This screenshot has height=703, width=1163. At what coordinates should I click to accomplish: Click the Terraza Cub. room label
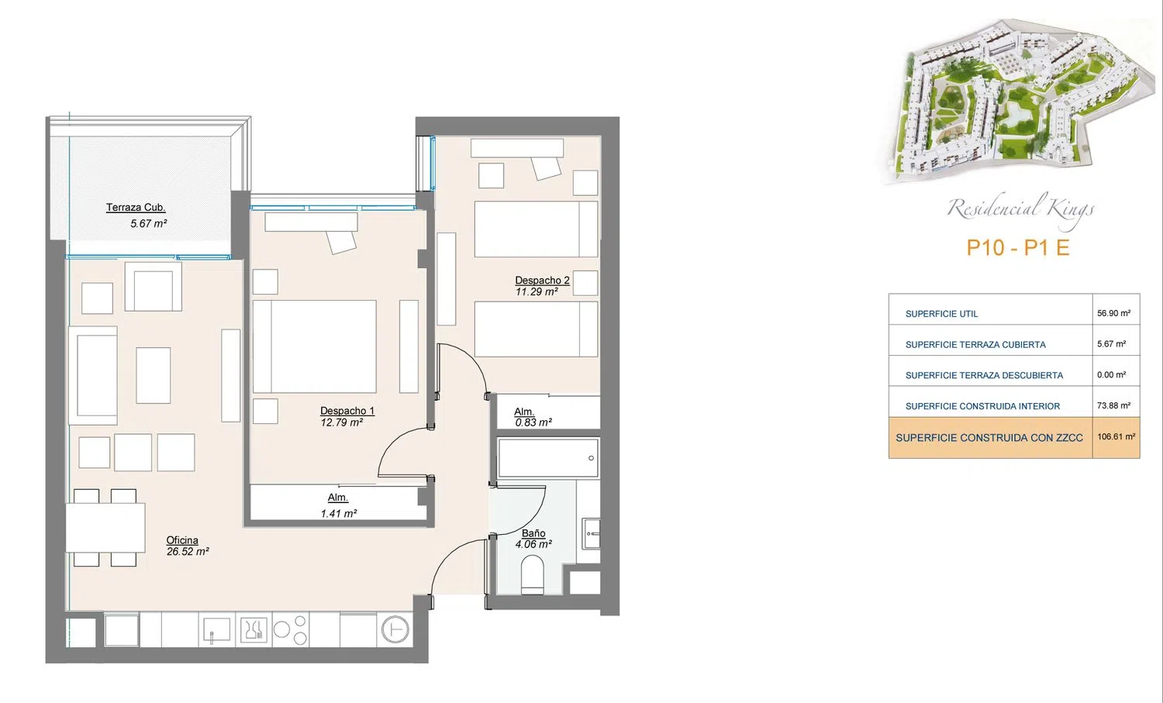tap(136, 208)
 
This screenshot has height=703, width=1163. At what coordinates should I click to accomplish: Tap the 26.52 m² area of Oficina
tap(188, 551)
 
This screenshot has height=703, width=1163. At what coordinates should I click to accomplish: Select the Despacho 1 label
tap(347, 411)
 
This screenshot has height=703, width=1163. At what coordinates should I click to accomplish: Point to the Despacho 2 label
tap(542, 281)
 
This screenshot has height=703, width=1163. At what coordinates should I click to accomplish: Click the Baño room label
tap(533, 533)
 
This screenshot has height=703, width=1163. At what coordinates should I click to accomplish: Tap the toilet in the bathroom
tap(532, 574)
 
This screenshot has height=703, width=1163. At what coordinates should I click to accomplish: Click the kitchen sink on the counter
tap(217, 629)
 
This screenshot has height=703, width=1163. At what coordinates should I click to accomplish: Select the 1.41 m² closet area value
tap(339, 513)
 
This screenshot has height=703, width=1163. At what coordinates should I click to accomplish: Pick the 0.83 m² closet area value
tap(533, 422)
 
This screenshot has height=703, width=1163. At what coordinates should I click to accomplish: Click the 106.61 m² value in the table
tap(1116, 436)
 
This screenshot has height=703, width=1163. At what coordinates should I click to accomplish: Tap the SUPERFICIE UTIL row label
tap(941, 314)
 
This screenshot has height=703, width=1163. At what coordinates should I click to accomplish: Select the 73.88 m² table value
tap(1113, 405)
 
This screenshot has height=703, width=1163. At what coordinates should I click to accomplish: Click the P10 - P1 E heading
tap(1017, 248)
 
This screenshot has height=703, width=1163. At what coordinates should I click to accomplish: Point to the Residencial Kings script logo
tap(1021, 209)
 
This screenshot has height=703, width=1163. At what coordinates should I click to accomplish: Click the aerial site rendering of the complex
tap(1016, 102)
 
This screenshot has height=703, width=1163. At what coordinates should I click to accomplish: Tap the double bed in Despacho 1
tap(315, 346)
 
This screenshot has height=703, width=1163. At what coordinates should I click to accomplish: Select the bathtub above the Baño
tap(548, 457)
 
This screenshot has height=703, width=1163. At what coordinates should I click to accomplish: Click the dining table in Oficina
tap(105, 528)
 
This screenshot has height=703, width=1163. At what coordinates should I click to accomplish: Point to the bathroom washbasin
tap(591, 533)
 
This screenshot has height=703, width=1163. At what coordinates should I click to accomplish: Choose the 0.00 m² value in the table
tap(1112, 375)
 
